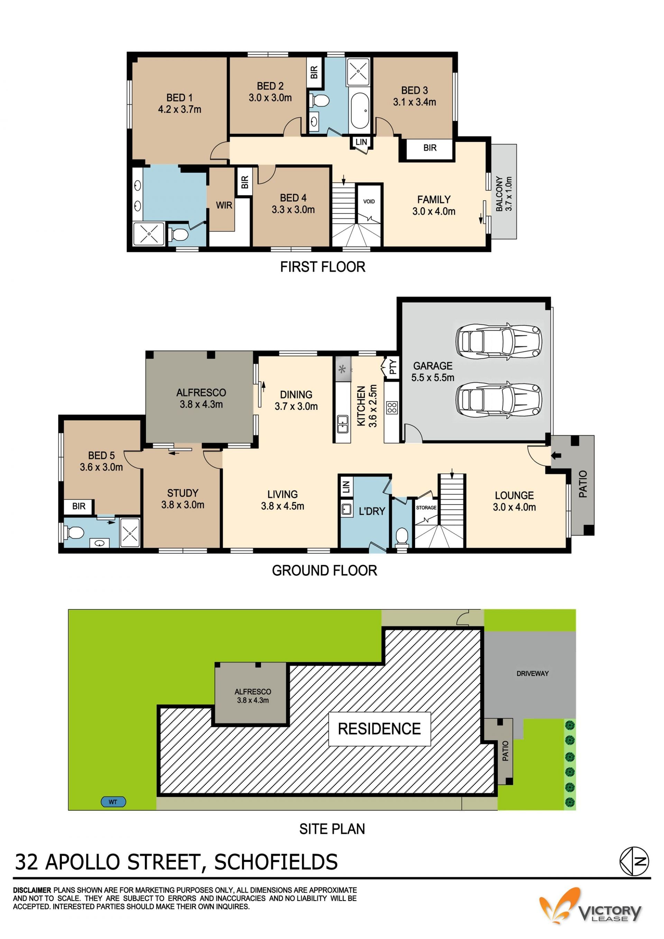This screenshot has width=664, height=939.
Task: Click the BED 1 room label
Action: pyautogui.click(x=179, y=103)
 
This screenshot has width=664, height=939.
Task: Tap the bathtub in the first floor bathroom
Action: pyautogui.click(x=359, y=110)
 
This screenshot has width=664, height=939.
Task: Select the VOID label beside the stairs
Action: pyautogui.click(x=369, y=201)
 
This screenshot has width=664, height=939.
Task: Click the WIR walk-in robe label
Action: pyautogui.click(x=224, y=205)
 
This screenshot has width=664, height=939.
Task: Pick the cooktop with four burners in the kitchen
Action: pyautogui.click(x=392, y=407)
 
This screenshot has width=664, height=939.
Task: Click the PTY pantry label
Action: pyautogui.click(x=393, y=367)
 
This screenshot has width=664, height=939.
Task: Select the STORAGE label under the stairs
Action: pyautogui.click(x=426, y=507)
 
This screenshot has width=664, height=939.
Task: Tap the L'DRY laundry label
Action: pyautogui.click(x=372, y=511)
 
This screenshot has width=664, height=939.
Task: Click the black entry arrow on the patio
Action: pyautogui.click(x=556, y=455)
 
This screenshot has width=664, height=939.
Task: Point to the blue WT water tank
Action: pyautogui.click(x=113, y=802)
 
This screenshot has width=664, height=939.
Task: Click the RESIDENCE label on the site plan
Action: pyautogui.click(x=379, y=728)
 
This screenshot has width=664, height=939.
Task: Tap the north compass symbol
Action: pyautogui.click(x=634, y=861)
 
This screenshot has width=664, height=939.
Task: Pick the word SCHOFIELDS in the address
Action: pyautogui.click(x=276, y=862)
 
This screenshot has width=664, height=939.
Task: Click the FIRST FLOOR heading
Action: pyautogui.click(x=323, y=267)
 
